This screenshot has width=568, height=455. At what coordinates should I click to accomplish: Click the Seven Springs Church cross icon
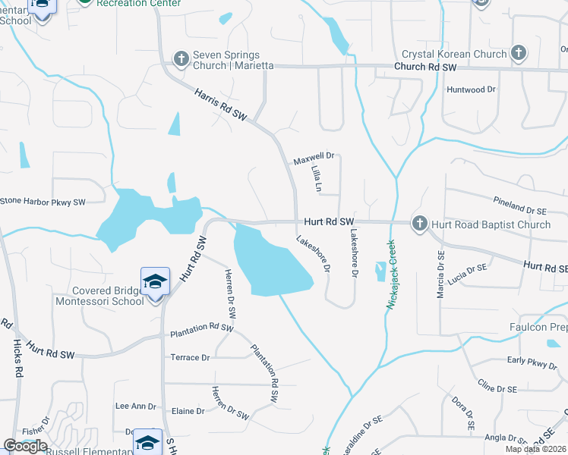[x=181, y=58]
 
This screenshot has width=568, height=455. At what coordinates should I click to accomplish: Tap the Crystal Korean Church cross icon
[x=519, y=53]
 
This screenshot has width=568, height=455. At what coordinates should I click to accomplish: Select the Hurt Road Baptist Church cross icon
[x=419, y=224]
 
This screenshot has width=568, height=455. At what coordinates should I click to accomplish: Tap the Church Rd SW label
[x=425, y=67]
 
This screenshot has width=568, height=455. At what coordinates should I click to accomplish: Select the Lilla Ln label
[x=317, y=180]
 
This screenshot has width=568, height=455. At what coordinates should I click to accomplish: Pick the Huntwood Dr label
[x=472, y=89]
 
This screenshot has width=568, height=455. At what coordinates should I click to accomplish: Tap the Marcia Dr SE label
[x=440, y=275]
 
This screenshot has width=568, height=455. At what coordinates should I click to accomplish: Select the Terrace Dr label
[x=190, y=357]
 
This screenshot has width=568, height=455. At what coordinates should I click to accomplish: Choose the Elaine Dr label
[x=189, y=411]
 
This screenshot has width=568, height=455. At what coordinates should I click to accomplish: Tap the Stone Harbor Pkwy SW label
[x=43, y=202]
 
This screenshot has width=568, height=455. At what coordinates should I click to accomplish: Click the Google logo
[x=25, y=445]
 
